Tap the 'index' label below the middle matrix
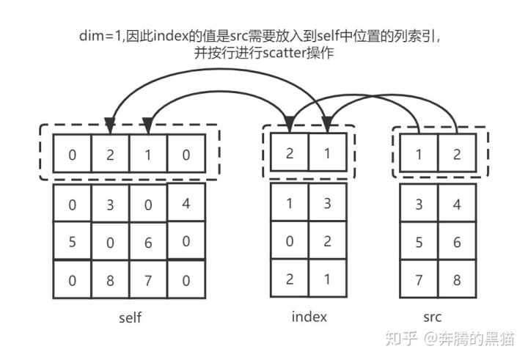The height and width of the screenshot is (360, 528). pyautogui.click(x=309, y=317)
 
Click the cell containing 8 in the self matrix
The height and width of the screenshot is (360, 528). pyautogui.click(x=110, y=279)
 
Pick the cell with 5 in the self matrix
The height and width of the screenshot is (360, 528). pyautogui.click(x=72, y=241)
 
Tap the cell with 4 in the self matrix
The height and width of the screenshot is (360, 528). pyautogui.click(x=186, y=202)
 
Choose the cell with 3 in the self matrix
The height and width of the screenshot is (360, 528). pyautogui.click(x=110, y=205)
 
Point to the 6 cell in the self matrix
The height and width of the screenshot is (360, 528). pyautogui.click(x=148, y=241)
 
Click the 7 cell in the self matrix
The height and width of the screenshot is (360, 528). pyautogui.click(x=148, y=279)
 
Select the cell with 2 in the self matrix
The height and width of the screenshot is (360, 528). pyautogui.click(x=110, y=155)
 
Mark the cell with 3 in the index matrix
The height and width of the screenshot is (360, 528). pyautogui.click(x=327, y=203)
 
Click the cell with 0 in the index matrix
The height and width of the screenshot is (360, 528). pyautogui.click(x=290, y=240)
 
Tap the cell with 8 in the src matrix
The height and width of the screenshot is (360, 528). pyautogui.click(x=457, y=279)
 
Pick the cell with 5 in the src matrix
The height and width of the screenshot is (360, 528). pyautogui.click(x=419, y=241)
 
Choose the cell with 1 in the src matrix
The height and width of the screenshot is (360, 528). pyautogui.click(x=419, y=155)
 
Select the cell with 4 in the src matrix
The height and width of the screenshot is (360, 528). pyautogui.click(x=457, y=203)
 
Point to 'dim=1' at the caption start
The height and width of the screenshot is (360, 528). pyautogui.click(x=98, y=34)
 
